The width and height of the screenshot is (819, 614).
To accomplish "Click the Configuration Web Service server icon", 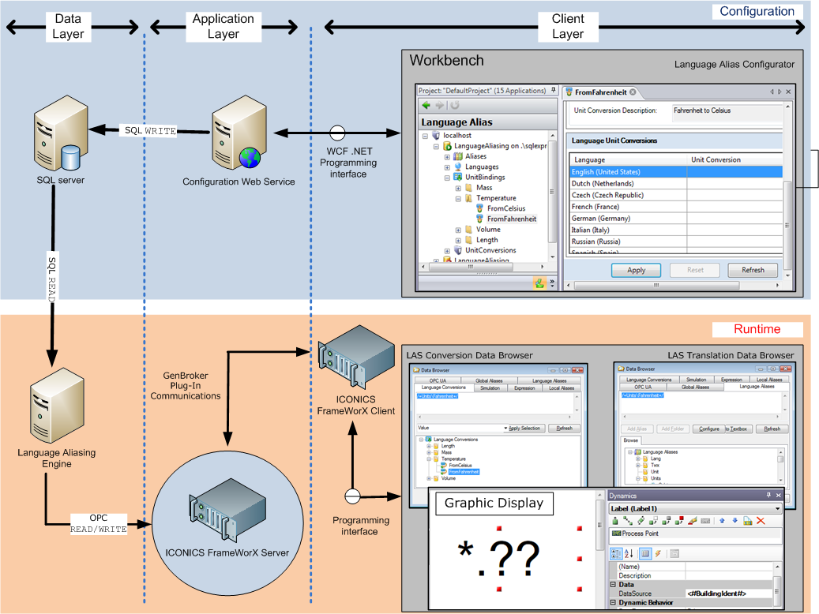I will [237, 140].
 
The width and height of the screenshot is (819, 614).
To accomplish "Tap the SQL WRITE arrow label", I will [150, 130].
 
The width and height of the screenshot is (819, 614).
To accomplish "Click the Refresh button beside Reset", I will [752, 270].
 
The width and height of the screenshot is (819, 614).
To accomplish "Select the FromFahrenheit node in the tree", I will [511, 219].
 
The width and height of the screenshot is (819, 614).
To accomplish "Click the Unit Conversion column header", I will [716, 159].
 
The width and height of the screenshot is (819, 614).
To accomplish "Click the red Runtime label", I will [757, 329].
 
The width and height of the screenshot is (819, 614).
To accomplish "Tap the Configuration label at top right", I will [757, 12].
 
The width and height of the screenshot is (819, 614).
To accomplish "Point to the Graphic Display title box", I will [494, 503].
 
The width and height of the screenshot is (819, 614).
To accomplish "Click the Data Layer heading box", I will [66, 26].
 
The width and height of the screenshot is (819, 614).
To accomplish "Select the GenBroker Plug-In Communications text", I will [185, 384].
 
